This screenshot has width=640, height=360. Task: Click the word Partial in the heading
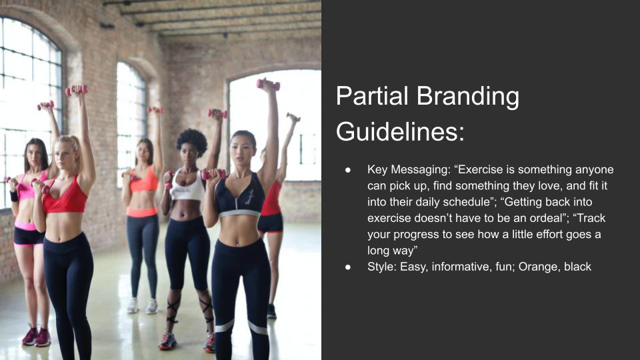coord(372,96)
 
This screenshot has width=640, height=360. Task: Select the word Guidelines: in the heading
coord(400,131)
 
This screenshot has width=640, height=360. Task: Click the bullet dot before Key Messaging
coord(348,170)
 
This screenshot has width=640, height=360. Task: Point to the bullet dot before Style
coord(348,267)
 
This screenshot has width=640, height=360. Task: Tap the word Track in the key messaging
coord(589,219)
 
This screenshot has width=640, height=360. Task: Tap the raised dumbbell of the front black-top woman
coord(268,84)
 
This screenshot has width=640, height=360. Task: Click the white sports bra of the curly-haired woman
coord(187,187)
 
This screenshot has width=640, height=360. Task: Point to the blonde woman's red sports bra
coord(65,196)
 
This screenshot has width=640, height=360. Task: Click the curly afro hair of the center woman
coord(191,141)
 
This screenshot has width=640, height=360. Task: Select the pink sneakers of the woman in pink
coord(37,337)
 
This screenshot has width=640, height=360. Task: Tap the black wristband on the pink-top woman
coord(14,197)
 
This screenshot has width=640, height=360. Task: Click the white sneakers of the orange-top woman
coord(142,306)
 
